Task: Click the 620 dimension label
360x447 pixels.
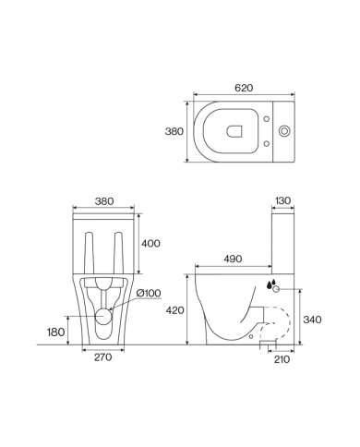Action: pyautogui.click(x=244, y=88)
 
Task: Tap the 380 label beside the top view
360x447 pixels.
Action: pyautogui.click(x=174, y=131)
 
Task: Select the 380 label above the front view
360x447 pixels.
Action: pyautogui.click(x=104, y=201)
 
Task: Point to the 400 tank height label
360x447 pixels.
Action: pyautogui.click(x=150, y=244)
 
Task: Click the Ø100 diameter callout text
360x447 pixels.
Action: pyautogui.click(x=149, y=294)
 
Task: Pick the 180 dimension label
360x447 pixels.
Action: pyautogui.click(x=55, y=332)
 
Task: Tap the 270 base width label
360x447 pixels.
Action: pyautogui.click(x=103, y=357)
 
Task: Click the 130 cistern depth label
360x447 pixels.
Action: pyautogui.click(x=282, y=200)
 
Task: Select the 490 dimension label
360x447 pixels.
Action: pyautogui.click(x=233, y=259)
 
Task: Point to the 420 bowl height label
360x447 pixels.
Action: pyautogui.click(x=175, y=310)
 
